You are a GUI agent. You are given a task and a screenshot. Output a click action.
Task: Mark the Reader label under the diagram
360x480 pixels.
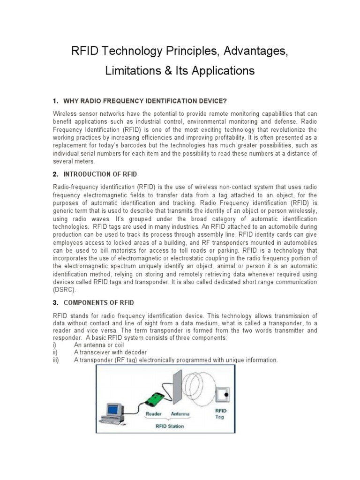pos(154,414)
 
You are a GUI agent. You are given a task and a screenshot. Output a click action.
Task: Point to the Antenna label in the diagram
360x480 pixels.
pos(181,414)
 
